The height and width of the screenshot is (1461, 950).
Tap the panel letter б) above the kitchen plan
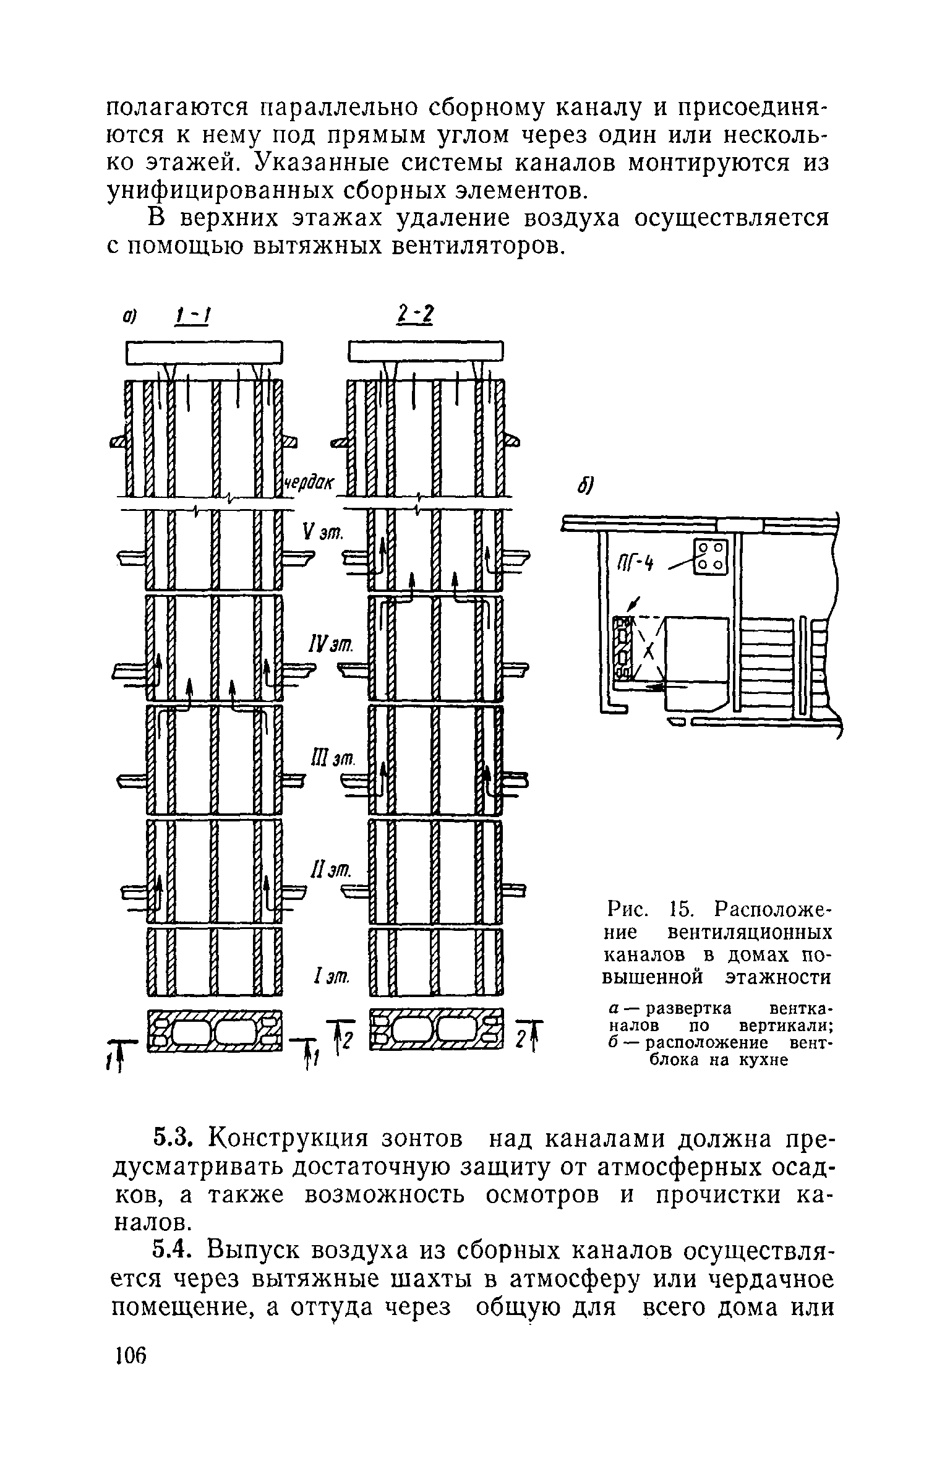pos(584,487)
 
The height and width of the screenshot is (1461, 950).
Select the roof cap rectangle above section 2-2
pos(426,352)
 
